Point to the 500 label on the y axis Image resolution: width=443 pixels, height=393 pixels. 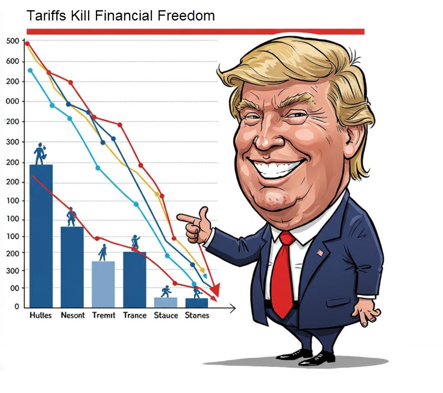tap(13, 41)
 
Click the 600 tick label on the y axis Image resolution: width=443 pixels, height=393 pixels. tap(13, 61)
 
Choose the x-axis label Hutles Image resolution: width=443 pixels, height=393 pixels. tap(40, 315)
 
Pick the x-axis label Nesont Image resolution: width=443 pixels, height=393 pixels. tap(73, 315)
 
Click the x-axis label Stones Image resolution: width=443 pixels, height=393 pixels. tap(197, 315)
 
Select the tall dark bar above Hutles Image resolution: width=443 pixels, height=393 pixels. tap(41, 235)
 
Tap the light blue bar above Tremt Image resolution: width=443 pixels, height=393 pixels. tap(103, 283)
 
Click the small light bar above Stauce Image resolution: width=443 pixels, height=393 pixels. tap(166, 302)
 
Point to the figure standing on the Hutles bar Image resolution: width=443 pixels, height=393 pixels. tap(40, 154)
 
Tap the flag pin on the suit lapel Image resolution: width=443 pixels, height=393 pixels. tap(320, 253)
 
